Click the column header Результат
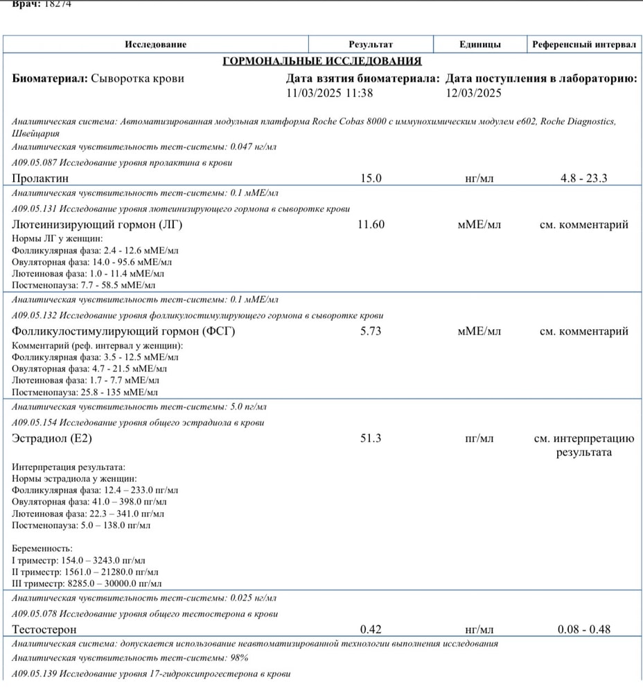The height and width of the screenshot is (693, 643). [x=371, y=44]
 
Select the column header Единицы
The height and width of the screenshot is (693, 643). [x=479, y=44]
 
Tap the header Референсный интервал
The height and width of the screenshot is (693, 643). [x=584, y=44]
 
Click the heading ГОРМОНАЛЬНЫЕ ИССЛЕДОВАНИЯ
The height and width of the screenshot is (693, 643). [x=322, y=61]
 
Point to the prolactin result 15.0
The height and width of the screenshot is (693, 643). [x=371, y=178]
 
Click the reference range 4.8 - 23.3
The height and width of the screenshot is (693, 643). [x=583, y=178]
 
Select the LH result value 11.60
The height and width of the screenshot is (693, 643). [x=371, y=225]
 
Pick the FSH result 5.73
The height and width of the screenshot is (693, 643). [x=371, y=331]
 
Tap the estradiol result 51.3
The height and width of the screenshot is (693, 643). [x=371, y=438]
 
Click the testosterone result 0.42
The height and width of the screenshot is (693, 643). [x=371, y=629]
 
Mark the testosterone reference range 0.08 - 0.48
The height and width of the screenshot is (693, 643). [x=583, y=629]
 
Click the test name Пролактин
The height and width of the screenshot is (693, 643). [x=39, y=178]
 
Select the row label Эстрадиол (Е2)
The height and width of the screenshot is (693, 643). [x=52, y=438]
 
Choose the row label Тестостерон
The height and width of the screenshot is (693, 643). [x=44, y=629]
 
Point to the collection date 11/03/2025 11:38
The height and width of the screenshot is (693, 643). [x=329, y=93]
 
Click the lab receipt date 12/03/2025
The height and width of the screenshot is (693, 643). [x=474, y=93]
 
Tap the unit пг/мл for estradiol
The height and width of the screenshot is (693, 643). [x=479, y=438]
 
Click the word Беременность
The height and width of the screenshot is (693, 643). [x=42, y=548]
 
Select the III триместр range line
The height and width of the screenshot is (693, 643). [x=88, y=584]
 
